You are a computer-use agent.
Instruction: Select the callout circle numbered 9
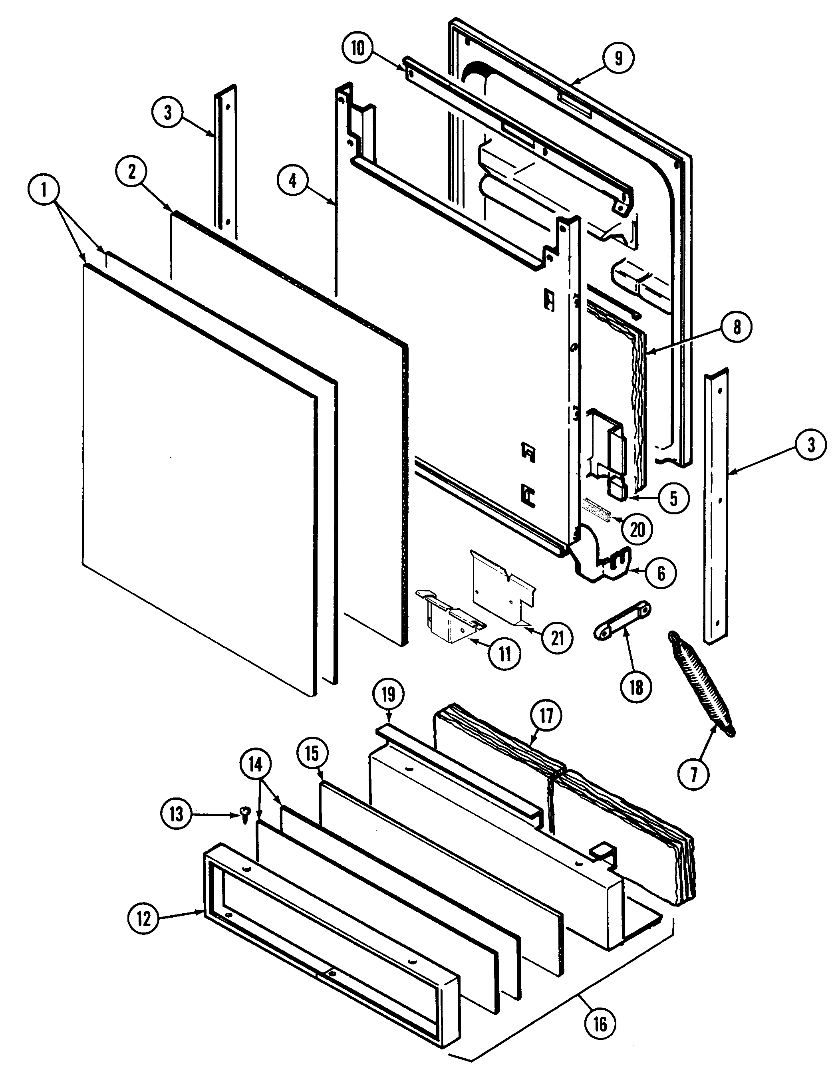(619, 58)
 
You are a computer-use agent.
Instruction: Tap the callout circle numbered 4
(293, 181)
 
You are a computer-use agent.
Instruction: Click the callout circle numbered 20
(637, 530)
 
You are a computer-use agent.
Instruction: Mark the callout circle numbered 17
(546, 716)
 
